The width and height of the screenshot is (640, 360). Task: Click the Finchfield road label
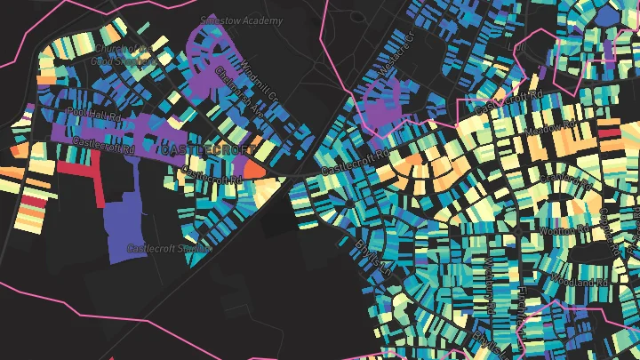coord(526,307)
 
